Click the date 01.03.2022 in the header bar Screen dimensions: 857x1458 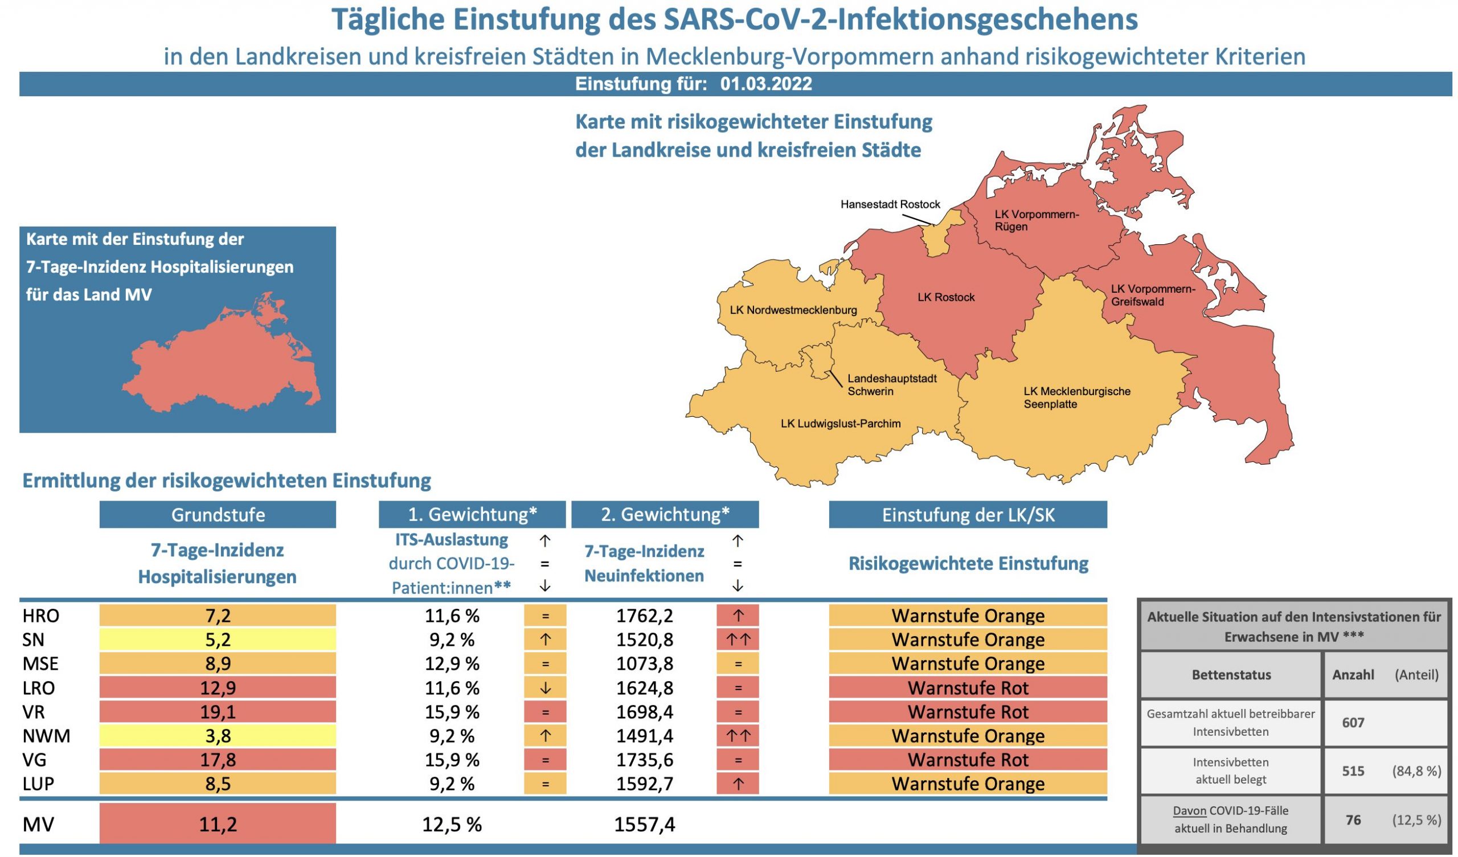tap(765, 84)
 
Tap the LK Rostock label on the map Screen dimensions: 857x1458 tap(945, 297)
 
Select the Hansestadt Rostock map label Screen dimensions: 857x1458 tap(890, 204)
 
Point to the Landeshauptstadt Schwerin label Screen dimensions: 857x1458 tap(891, 385)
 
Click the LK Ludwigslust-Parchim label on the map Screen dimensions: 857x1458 tap(840, 424)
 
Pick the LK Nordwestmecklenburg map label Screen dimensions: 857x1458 tap(793, 310)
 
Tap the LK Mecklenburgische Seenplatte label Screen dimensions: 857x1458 tap(1076, 397)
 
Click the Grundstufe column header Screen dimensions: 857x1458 tap(218, 514)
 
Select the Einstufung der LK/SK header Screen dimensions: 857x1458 tap(968, 514)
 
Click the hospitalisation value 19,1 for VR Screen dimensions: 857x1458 tap(218, 712)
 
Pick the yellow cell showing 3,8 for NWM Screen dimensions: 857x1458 tap(218, 736)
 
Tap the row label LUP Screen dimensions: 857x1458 tap(38, 784)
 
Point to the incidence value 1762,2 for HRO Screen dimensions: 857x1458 tap(644, 616)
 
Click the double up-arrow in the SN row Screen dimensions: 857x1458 tap(737, 639)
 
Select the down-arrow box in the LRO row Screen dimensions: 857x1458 tap(544, 688)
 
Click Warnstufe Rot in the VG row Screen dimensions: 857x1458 tap(968, 760)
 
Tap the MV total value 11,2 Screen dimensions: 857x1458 tap(218, 823)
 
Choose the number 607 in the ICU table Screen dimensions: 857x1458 tap(1353, 722)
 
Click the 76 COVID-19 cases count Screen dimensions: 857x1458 tap(1353, 819)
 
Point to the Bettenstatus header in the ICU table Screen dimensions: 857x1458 tap(1231, 675)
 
